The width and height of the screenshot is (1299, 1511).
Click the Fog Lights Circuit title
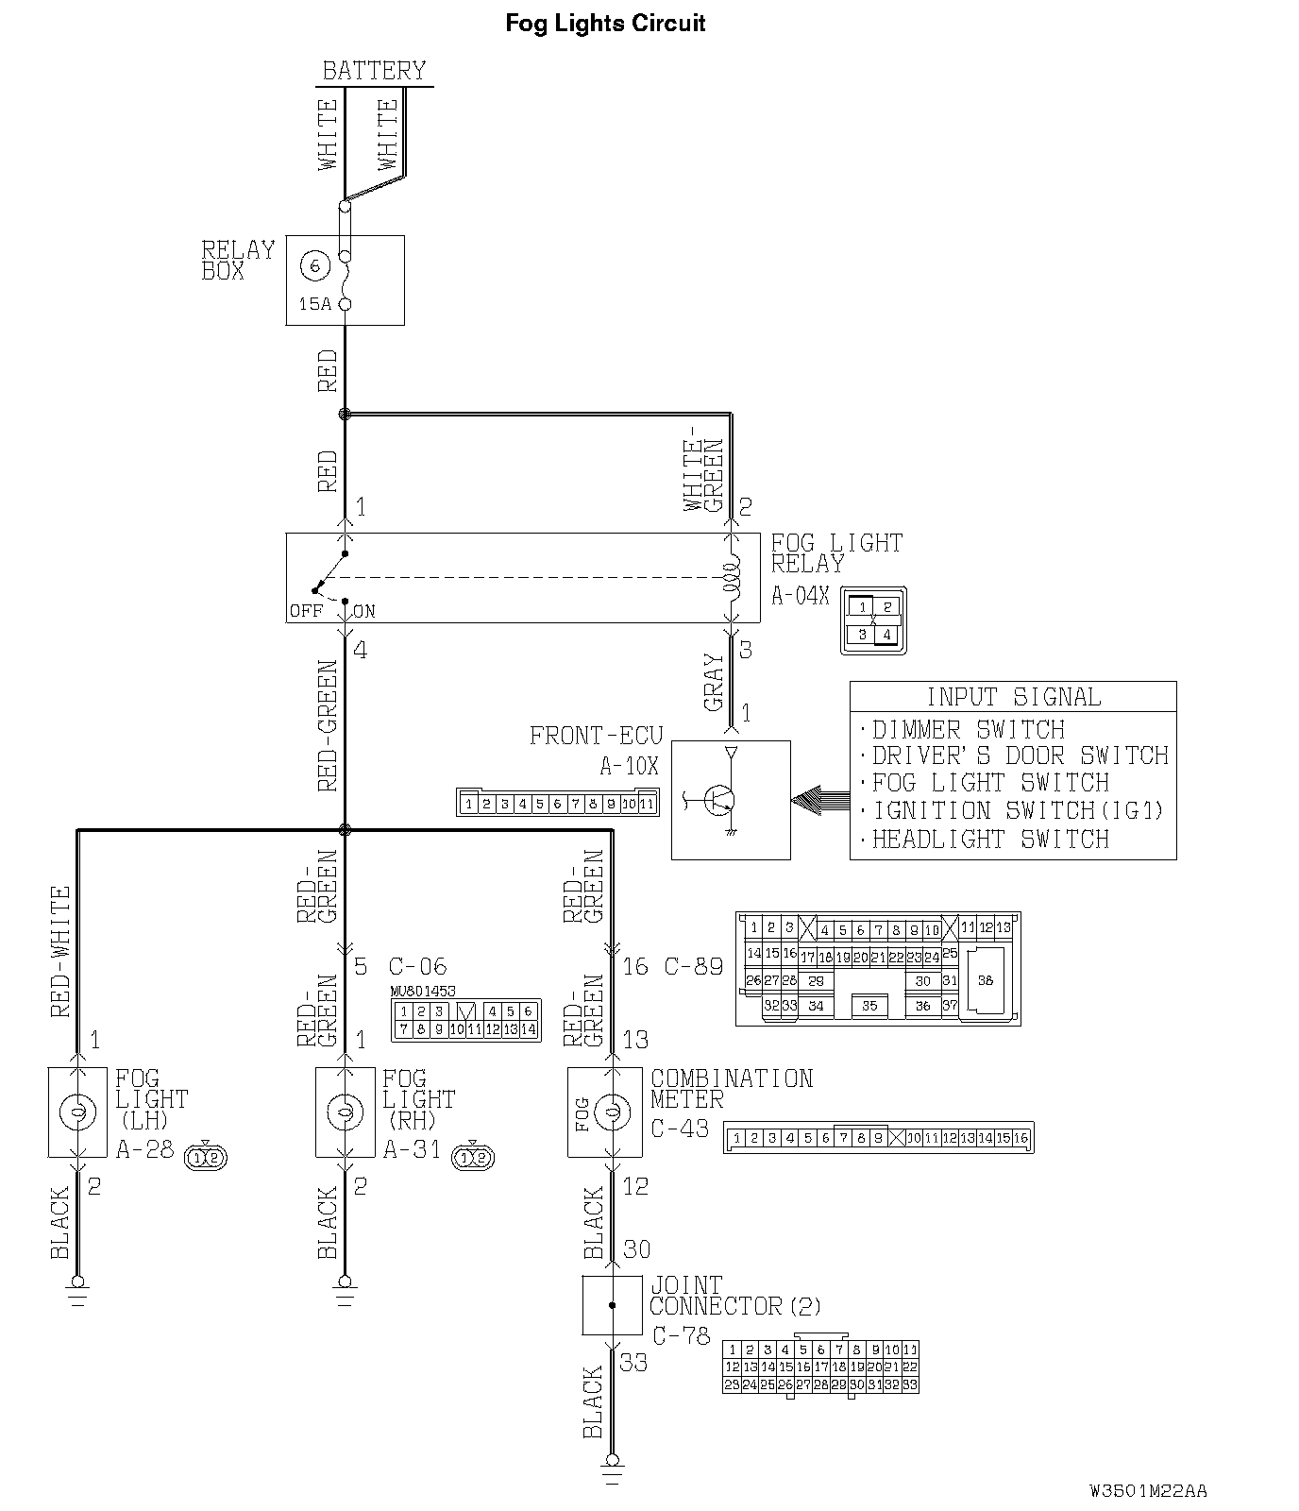pyautogui.click(x=605, y=24)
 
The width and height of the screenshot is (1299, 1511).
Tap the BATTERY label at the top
pyautogui.click(x=374, y=71)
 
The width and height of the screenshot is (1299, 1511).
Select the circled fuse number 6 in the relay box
pyautogui.click(x=314, y=265)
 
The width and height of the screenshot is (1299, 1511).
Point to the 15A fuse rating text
pyautogui.click(x=315, y=304)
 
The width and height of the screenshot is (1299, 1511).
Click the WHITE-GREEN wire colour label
pyautogui.click(x=704, y=475)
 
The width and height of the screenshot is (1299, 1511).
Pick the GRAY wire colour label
pyautogui.click(x=714, y=682)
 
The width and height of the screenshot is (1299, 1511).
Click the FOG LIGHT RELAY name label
pyautogui.click(x=836, y=553)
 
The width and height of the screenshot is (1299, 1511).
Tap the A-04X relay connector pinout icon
pyautogui.click(x=873, y=621)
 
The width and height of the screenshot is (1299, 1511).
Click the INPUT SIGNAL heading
pyautogui.click(x=1013, y=697)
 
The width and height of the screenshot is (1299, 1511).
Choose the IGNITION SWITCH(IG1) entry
pyautogui.click(x=1018, y=810)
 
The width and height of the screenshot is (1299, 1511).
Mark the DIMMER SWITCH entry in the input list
pyautogui.click(x=968, y=730)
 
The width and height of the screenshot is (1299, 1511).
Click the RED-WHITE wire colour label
pyautogui.click(x=61, y=950)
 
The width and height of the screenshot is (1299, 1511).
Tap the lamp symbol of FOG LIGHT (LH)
pyautogui.click(x=77, y=1112)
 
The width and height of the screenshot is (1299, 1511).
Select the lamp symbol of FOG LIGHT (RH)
pyautogui.click(x=345, y=1112)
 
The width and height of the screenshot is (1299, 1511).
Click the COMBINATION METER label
pyautogui.click(x=731, y=1089)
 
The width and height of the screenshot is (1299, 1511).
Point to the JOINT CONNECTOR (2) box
pyautogui.click(x=612, y=1305)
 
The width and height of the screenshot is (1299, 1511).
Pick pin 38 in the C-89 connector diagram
pyautogui.click(x=986, y=980)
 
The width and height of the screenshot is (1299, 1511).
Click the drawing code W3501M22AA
pyautogui.click(x=1148, y=1491)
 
